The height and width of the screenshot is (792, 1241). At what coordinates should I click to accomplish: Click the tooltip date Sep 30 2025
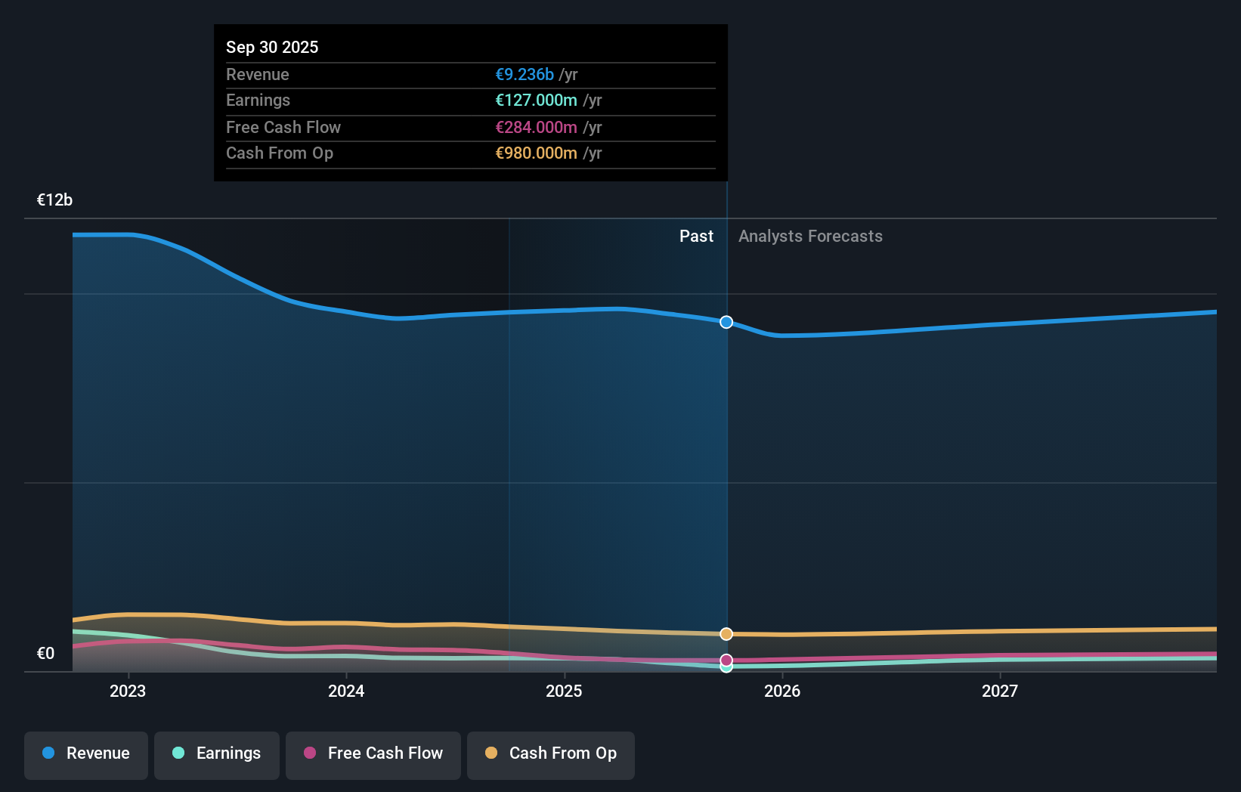pos(272,47)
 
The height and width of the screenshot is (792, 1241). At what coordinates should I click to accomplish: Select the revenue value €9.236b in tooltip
pos(525,74)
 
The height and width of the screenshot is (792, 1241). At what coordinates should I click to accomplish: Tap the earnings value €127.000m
pos(536,101)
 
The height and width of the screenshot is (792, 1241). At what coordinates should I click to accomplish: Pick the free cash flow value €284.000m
pos(536,127)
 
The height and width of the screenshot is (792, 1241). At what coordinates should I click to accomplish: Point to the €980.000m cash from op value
pos(536,153)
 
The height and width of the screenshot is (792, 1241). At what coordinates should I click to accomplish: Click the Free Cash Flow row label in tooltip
pos(283,127)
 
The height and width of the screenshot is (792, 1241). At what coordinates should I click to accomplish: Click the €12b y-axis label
pos(54,200)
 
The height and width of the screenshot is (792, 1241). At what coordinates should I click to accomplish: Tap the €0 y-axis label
pos(45,653)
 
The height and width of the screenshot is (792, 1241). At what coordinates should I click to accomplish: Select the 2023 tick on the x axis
pos(128,691)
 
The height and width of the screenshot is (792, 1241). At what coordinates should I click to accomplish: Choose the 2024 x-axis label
pos(346,691)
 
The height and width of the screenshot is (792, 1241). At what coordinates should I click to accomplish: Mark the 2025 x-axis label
pos(564,691)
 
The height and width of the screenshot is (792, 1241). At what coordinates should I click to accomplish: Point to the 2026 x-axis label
pos(782,691)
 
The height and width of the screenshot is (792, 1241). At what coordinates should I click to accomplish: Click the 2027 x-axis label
pos(1000,691)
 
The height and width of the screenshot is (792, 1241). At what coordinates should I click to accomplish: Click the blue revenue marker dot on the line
pos(726,322)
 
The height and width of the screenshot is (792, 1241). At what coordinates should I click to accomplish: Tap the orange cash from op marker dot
pos(726,634)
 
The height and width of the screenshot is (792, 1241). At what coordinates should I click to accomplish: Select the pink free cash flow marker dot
pos(726,660)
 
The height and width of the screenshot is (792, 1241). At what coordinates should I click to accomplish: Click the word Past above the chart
pos(696,237)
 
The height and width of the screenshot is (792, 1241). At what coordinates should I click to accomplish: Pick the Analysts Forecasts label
pos(810,237)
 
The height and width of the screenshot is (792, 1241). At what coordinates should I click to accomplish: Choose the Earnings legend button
pos(217,753)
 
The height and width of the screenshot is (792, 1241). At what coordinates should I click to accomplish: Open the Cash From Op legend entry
pos(551,753)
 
